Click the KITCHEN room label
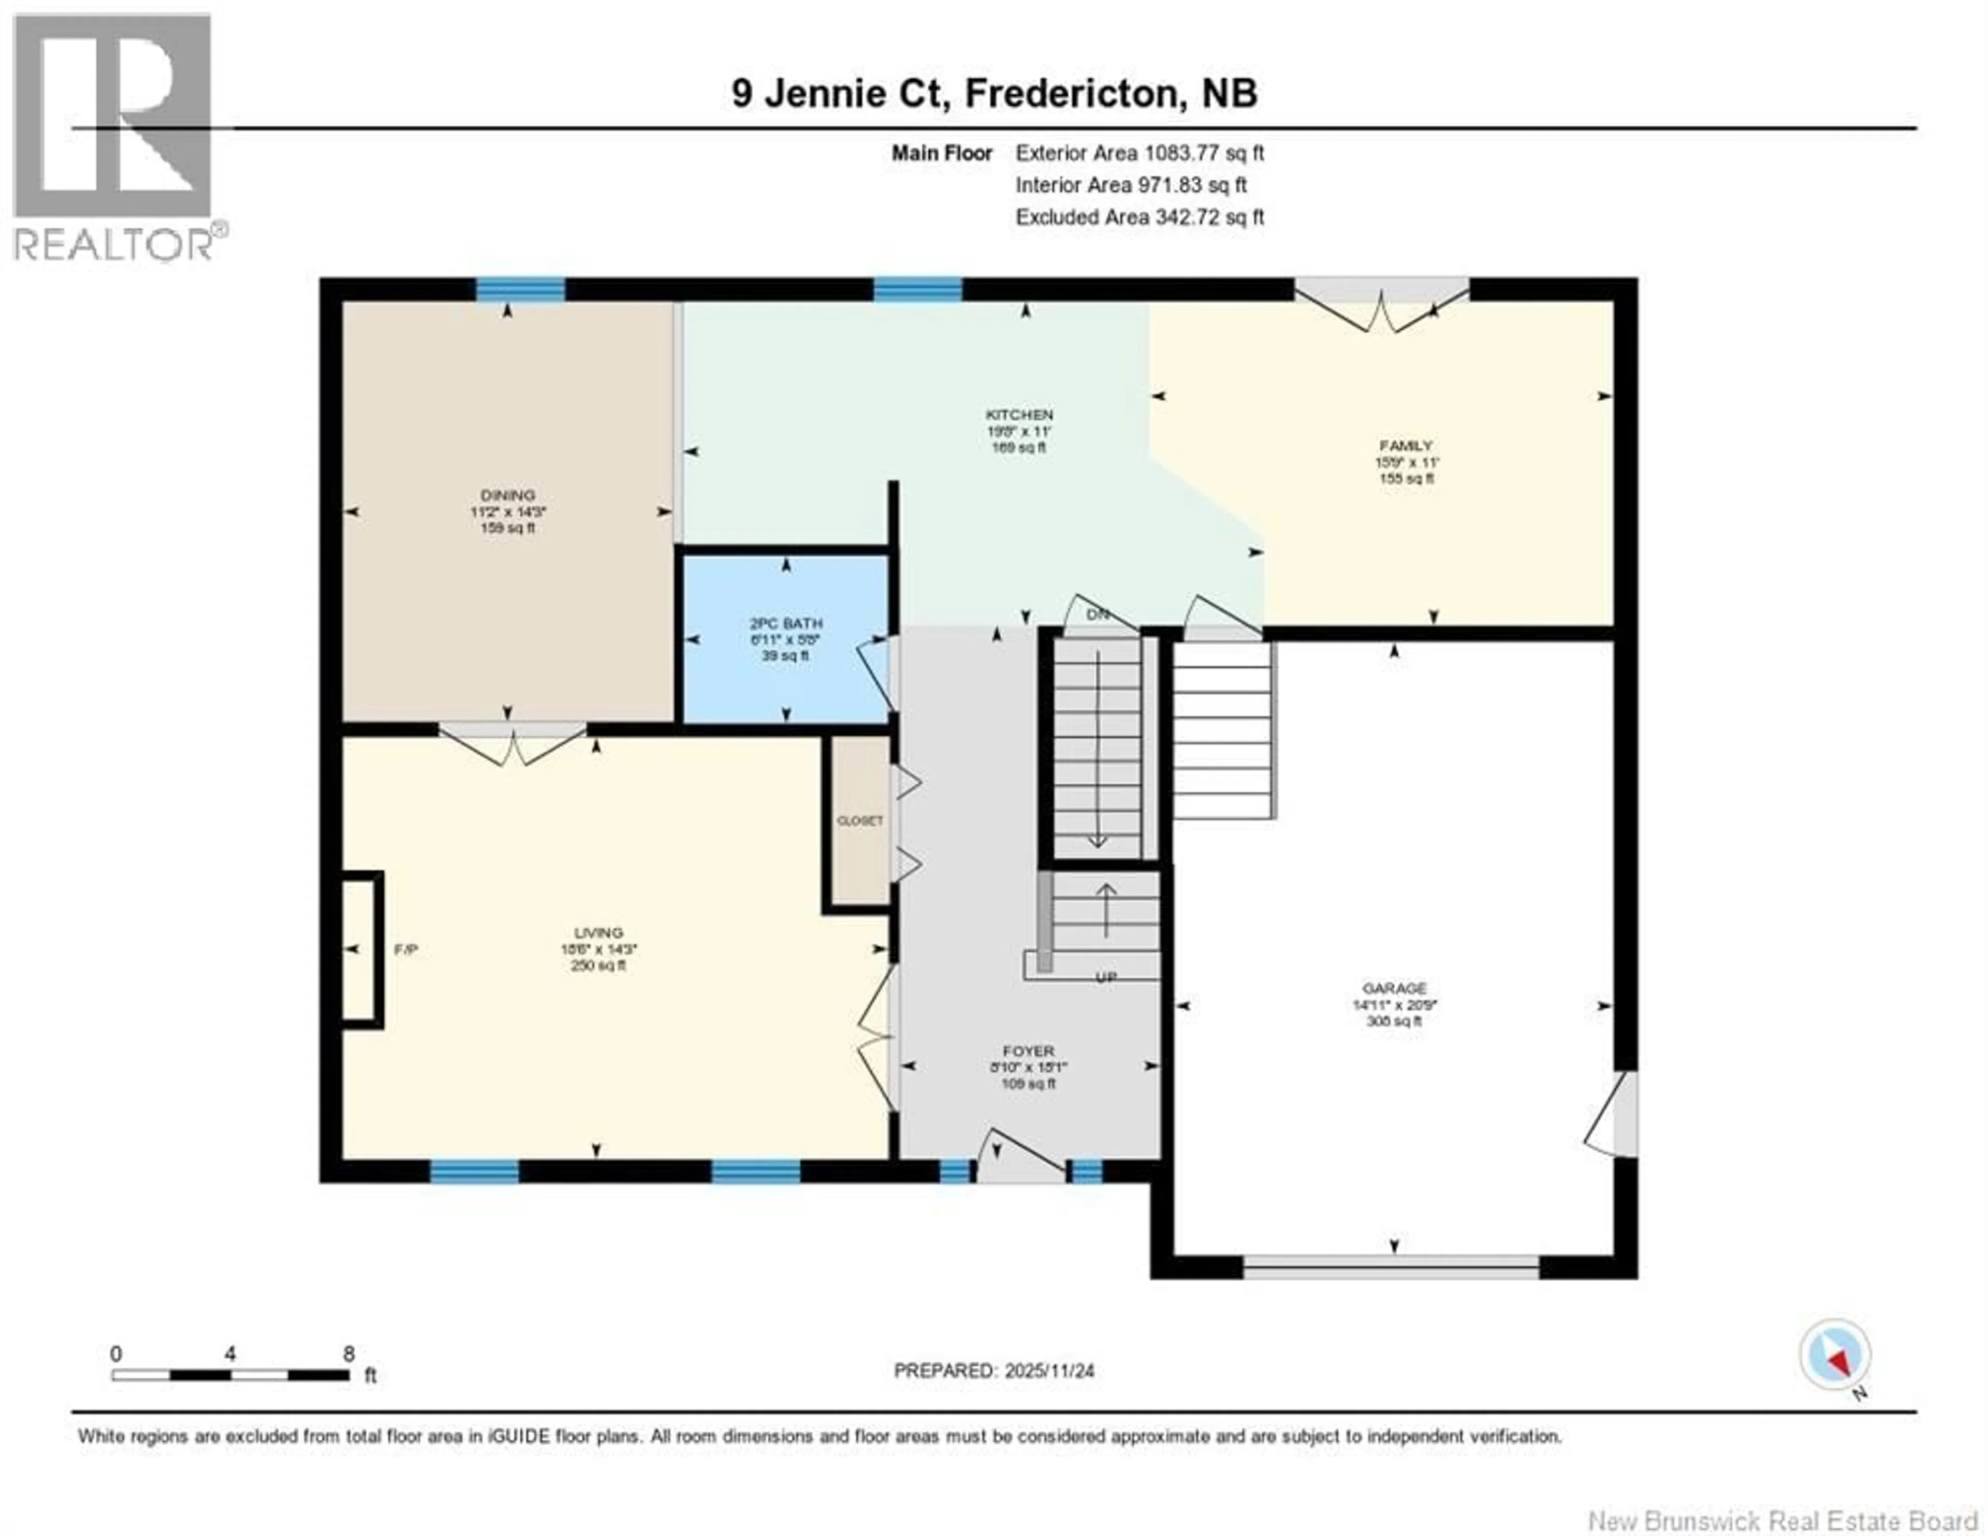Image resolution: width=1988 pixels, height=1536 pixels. tap(1019, 414)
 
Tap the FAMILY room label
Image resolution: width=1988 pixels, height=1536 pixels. tap(1406, 445)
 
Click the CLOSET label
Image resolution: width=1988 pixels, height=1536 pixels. tap(859, 821)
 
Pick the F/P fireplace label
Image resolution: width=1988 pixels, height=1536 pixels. tap(406, 949)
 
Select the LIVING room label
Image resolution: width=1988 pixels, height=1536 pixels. tap(598, 932)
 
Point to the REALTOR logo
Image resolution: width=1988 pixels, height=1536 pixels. tap(114, 137)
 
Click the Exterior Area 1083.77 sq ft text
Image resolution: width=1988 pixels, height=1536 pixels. tap(1139, 153)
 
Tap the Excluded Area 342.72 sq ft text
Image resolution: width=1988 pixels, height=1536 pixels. tap(1139, 217)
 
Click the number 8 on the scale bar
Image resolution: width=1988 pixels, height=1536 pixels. tap(348, 1354)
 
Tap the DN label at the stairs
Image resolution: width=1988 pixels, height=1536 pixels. tap(1098, 615)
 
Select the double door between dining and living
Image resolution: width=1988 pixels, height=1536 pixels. tap(513, 742)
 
